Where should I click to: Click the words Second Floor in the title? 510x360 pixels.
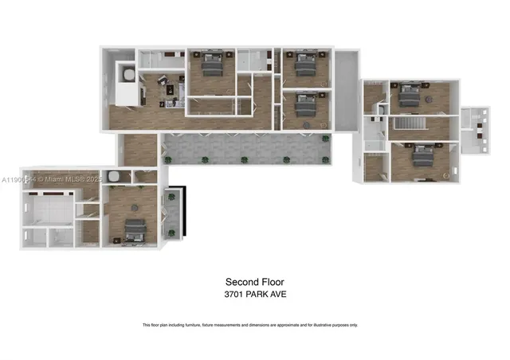coord(254,282)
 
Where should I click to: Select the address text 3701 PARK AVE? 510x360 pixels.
coord(254,295)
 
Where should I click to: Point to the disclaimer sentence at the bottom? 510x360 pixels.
coord(249,325)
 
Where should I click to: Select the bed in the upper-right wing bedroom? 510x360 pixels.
coord(407,95)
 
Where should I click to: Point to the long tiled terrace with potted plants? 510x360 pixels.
coord(245,148)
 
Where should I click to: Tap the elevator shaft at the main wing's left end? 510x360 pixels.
coord(126,74)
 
